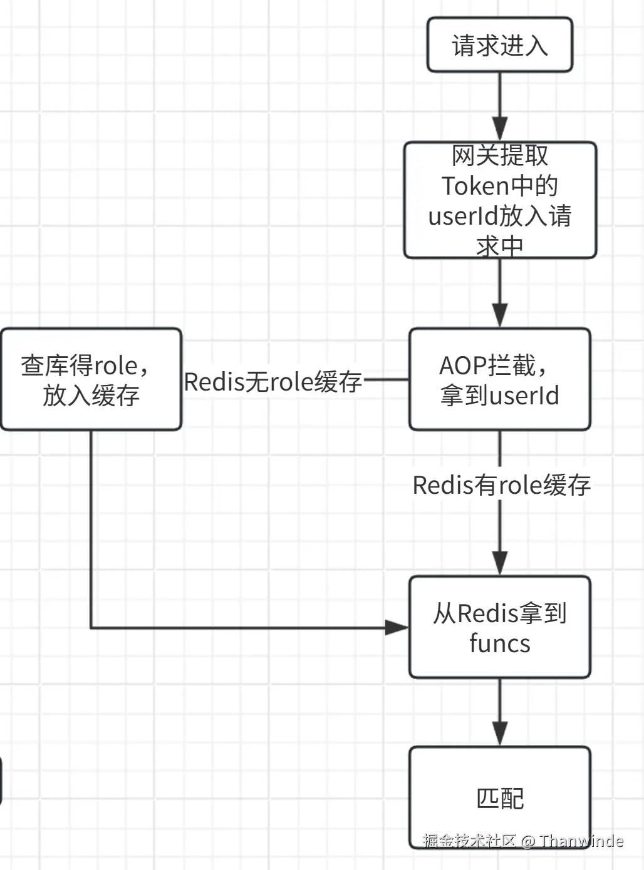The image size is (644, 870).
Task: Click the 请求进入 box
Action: point(499,45)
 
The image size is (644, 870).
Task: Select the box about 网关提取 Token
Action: point(499,200)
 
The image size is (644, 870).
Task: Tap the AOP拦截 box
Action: point(499,379)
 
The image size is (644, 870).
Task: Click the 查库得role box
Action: point(91,379)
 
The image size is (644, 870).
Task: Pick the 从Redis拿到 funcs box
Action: point(499,627)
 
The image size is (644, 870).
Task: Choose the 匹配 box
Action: point(499,797)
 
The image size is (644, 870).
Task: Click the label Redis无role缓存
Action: point(273,381)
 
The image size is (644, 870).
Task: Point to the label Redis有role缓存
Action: point(501,485)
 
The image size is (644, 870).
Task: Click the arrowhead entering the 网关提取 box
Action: point(499,130)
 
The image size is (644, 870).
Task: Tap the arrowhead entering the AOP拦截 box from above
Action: point(499,315)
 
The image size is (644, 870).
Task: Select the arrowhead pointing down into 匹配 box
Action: point(499,733)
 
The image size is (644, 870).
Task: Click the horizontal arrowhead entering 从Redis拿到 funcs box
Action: point(397,627)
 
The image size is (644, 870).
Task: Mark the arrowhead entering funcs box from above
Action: point(499,563)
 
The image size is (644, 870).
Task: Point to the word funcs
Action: point(499,643)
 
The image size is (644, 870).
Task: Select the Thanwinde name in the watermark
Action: point(581,841)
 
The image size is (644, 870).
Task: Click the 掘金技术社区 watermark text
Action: point(469,841)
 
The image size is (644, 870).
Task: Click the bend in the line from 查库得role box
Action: point(91,627)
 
